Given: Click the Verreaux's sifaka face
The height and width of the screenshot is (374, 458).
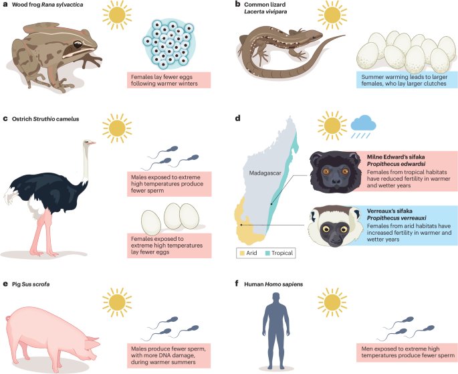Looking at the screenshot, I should (x=331, y=229).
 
